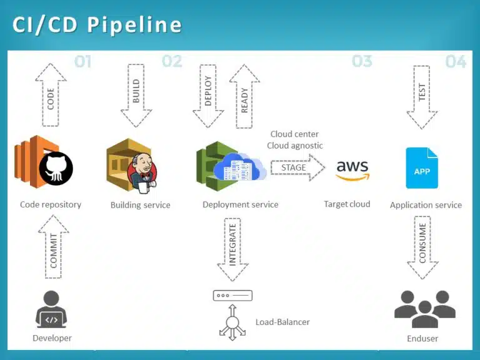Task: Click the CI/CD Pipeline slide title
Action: pyautogui.click(x=97, y=25)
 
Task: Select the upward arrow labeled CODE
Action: pyautogui.click(x=51, y=94)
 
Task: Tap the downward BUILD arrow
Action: pyautogui.click(x=136, y=94)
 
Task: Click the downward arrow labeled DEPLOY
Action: pyautogui.click(x=208, y=94)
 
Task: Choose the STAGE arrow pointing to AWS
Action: pyautogui.click(x=297, y=167)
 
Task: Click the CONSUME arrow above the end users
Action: pyautogui.click(x=422, y=247)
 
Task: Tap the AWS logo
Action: pyautogui.click(x=352, y=169)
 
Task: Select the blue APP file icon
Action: pyautogui.click(x=422, y=168)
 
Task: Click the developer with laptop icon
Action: pyautogui.click(x=52, y=310)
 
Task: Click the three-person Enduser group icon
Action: pyautogui.click(x=425, y=309)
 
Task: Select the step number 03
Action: pyautogui.click(x=362, y=61)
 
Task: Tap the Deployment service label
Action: pyautogui.click(x=241, y=204)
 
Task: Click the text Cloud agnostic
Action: pyautogui.click(x=295, y=146)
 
